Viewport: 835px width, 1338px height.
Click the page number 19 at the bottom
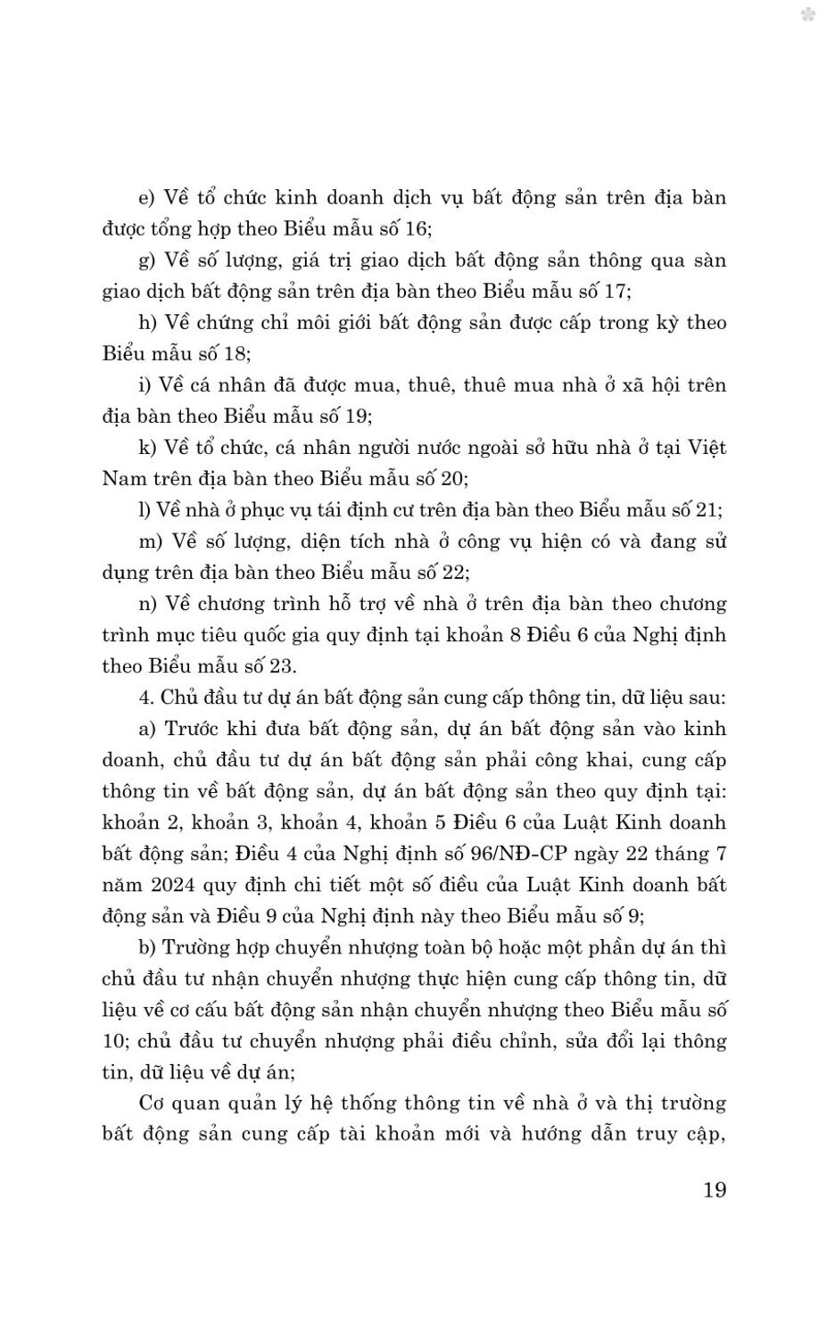click(x=715, y=1190)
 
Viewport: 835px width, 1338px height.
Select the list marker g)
click(x=148, y=260)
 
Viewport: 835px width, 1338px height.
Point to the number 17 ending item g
click(x=616, y=292)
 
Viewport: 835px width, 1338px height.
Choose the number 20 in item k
click(x=452, y=479)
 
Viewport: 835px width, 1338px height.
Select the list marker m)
click(x=151, y=541)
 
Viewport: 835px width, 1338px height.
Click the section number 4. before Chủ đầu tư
click(x=145, y=698)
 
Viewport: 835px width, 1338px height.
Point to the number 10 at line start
click(x=116, y=1041)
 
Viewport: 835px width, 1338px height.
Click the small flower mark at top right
click(x=808, y=14)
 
